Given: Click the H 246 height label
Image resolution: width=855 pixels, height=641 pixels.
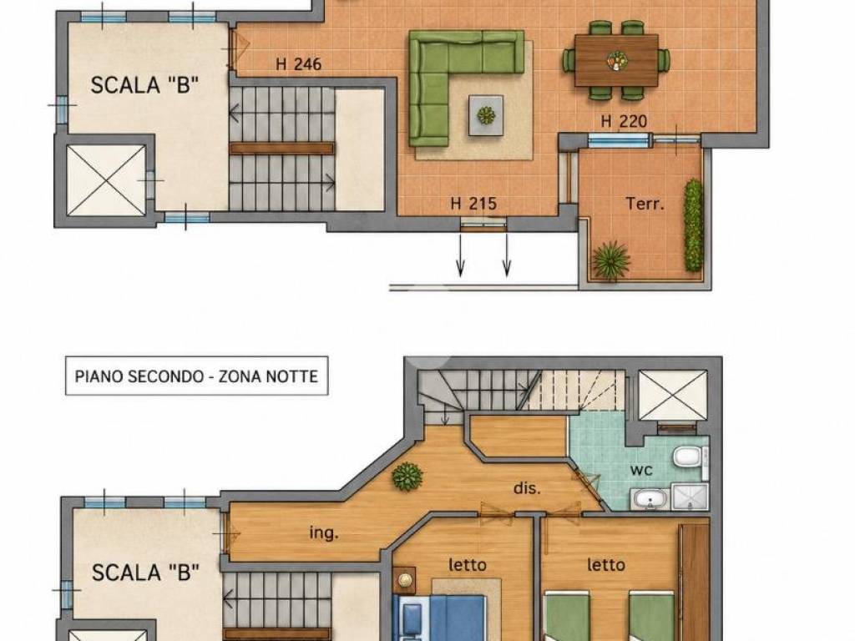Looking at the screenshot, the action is coord(298,64).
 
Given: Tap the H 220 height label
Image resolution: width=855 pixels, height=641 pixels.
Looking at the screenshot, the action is coord(624,121).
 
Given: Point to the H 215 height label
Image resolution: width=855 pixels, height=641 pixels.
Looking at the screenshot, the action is coord(473,204).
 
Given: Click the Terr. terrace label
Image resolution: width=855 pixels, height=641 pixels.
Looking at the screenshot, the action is coord(645,204).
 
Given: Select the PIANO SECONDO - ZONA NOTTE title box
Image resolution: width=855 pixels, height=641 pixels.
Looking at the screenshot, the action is coord(196,376).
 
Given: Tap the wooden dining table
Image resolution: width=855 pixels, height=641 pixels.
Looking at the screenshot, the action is coord(616,60).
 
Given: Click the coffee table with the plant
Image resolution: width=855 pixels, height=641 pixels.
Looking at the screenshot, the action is coord(485,115).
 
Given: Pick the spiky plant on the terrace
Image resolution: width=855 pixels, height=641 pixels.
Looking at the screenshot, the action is coord(610,260).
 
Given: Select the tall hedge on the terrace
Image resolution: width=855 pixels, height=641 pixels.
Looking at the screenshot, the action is coord(693,225).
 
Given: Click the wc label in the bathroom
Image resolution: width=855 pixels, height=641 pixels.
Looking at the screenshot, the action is coord(641,470).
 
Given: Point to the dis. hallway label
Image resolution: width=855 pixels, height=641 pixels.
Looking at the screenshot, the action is coord(528,487).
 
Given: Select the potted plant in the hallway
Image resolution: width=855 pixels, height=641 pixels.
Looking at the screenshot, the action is coord(407,476).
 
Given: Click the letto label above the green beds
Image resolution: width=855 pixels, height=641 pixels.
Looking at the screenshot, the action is coord(606,565).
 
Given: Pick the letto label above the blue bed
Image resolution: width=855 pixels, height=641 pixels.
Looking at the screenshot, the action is coord(468,565).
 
